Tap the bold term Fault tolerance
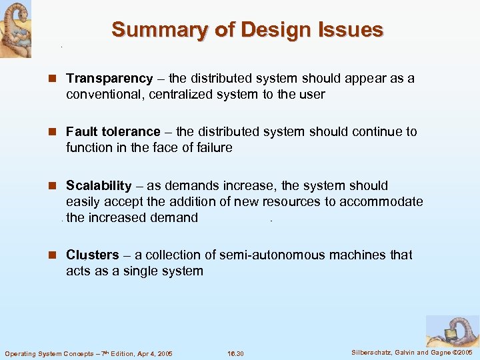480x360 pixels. click(113, 132)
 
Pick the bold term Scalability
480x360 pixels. click(99, 185)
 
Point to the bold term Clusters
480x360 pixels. click(92, 255)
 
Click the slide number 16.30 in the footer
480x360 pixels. click(235, 353)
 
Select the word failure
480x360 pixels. click(211, 148)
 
